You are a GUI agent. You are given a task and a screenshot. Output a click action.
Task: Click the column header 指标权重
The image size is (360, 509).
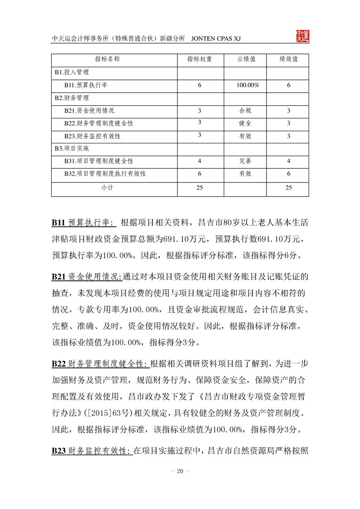199,59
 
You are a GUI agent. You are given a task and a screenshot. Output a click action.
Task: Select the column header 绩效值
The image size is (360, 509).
288,59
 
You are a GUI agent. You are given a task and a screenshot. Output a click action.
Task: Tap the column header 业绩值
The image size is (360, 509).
247,59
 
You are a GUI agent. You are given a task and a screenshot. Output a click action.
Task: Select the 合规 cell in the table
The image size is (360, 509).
245,111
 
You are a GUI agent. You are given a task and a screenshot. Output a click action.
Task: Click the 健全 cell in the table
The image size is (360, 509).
245,123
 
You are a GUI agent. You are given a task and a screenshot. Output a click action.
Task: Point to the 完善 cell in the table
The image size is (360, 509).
245,161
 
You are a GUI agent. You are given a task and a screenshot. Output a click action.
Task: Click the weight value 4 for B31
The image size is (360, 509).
199,161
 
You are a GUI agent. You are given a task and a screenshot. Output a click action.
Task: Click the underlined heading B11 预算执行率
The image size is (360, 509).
84,223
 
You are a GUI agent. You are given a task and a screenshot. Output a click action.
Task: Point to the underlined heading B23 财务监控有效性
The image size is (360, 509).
92,451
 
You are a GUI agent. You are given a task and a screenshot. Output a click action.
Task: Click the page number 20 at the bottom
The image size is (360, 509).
179,471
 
